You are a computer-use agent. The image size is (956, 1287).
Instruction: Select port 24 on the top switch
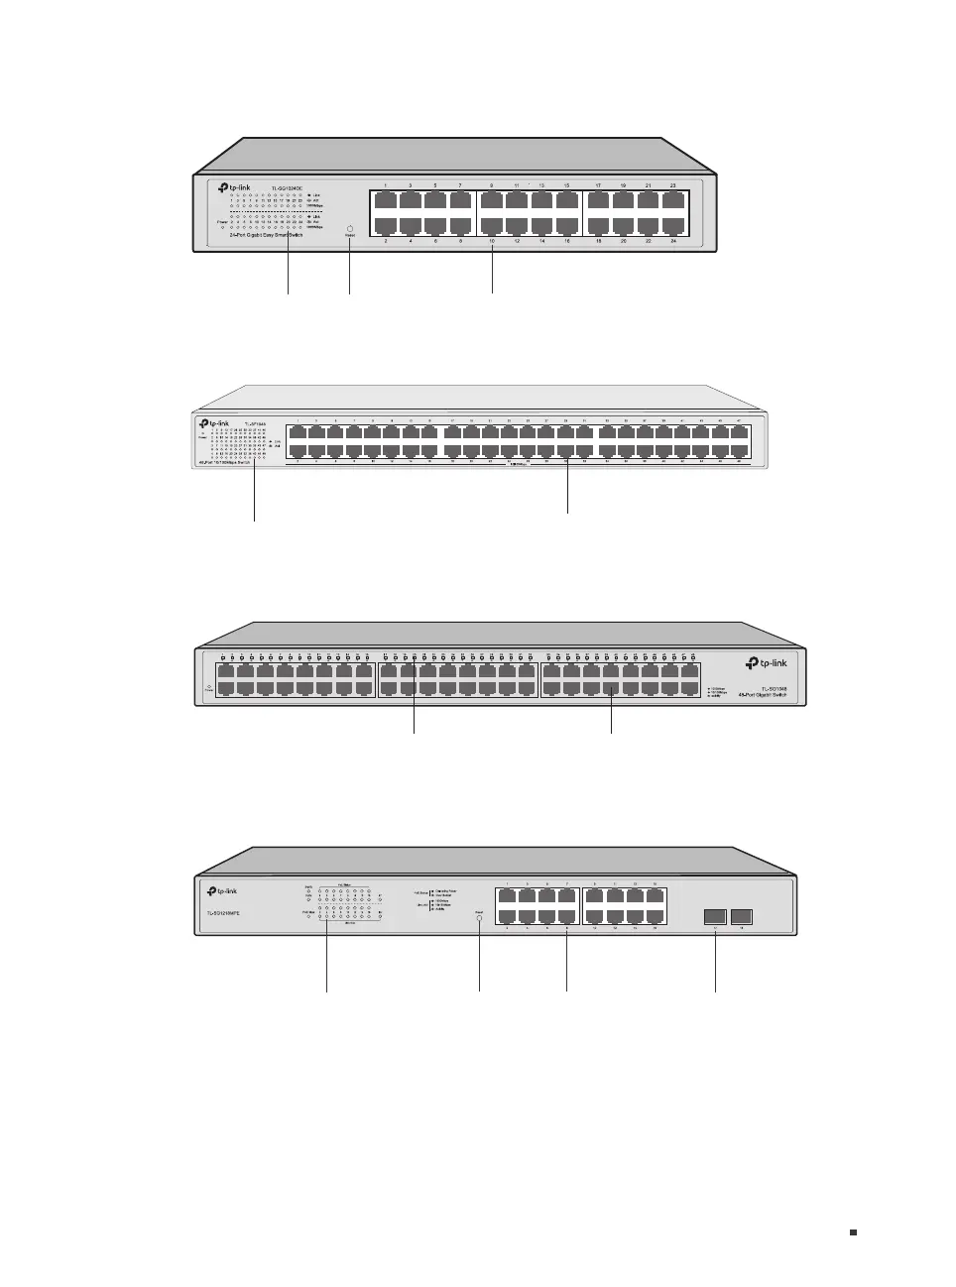673,225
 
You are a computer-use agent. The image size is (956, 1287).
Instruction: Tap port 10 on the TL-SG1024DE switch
491,225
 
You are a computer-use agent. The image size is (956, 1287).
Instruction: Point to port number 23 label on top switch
673,185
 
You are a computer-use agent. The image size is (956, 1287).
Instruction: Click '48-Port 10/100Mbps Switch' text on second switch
223,462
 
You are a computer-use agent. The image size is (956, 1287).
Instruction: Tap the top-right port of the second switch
740,433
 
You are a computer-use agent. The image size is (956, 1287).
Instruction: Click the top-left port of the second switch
299,433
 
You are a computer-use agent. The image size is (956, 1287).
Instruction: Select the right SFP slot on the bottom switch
741,916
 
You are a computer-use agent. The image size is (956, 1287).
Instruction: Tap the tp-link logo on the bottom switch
222,890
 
